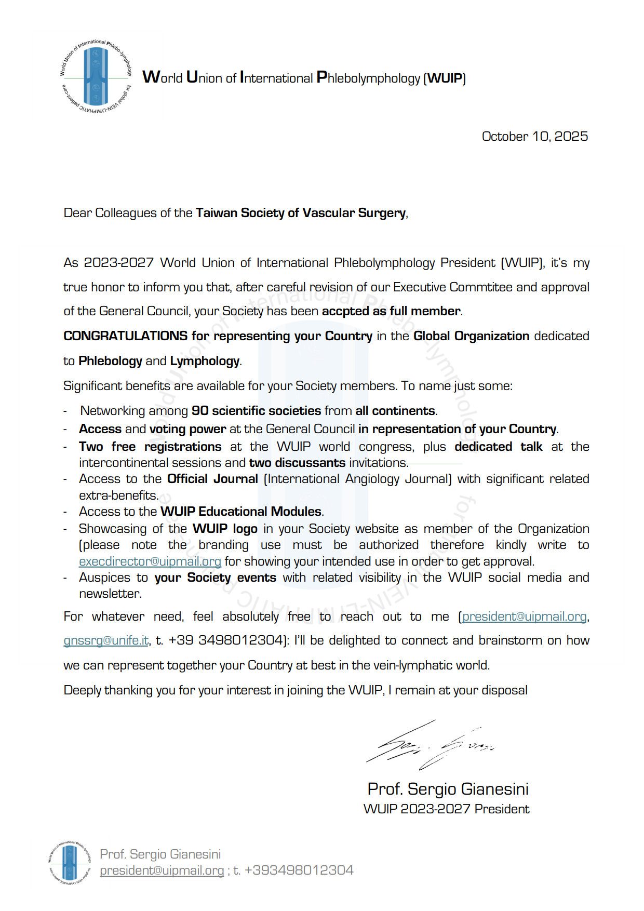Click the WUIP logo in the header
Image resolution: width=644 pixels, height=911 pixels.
[96, 77]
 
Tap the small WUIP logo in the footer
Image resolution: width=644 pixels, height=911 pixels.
[70, 862]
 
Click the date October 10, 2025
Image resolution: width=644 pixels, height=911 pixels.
[534, 136]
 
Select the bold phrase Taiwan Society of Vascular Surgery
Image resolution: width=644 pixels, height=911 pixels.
[301, 213]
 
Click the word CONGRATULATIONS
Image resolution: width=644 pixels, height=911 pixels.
[125, 336]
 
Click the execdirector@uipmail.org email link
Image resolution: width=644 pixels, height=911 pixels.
[150, 561]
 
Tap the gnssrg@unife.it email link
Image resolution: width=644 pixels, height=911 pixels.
[106, 640]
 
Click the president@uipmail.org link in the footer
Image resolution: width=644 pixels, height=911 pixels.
[162, 870]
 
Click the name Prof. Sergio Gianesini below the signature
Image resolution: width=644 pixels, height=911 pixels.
[448, 789]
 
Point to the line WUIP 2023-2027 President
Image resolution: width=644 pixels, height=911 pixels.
[446, 809]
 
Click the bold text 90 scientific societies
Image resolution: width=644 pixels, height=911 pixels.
[256, 411]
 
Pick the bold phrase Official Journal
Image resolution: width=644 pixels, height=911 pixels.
[212, 479]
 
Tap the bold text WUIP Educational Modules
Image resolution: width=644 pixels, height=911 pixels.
[241, 512]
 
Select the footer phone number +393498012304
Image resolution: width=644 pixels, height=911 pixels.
[299, 870]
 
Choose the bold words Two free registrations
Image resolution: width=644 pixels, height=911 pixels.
[150, 447]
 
